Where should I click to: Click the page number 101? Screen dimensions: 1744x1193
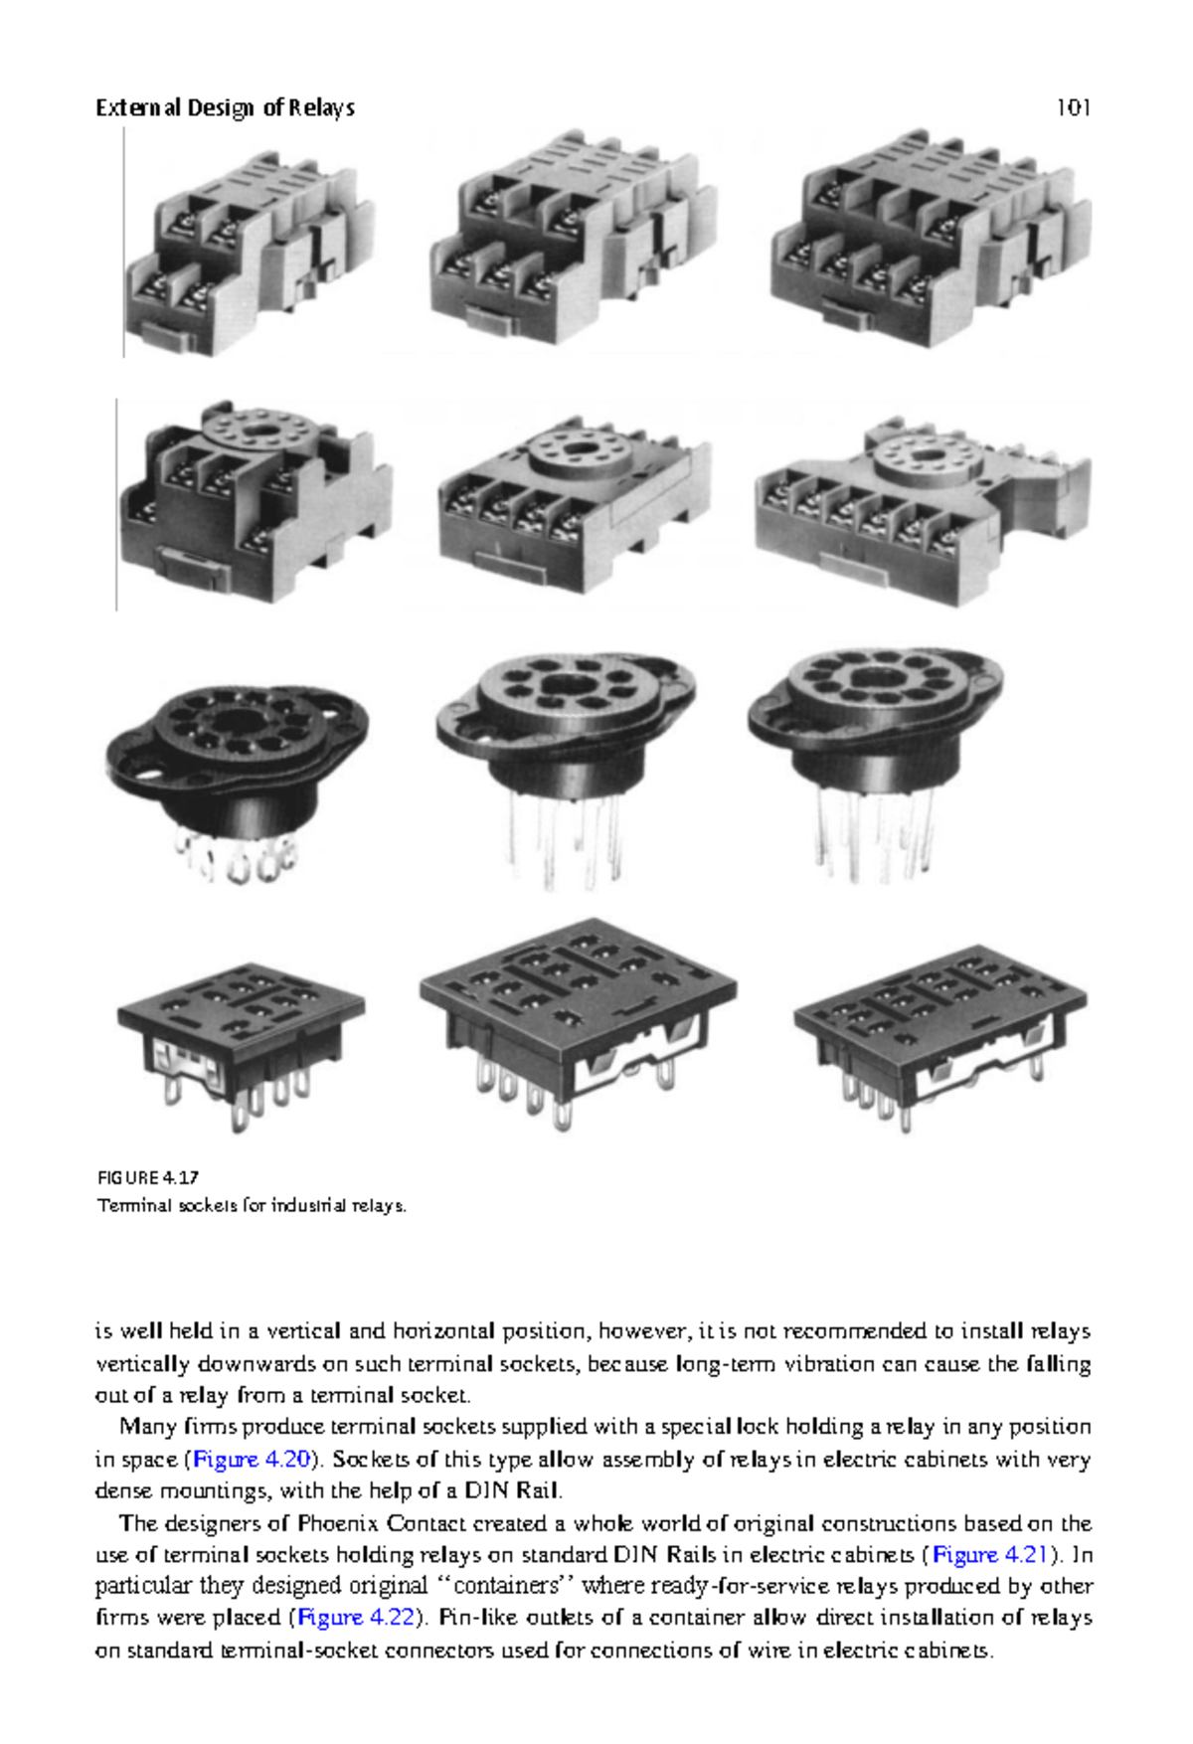tap(1073, 107)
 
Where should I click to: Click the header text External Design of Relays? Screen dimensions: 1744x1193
tap(225, 107)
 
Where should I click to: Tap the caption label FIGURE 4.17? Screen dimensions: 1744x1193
tap(147, 1177)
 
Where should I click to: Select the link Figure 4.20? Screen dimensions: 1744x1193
tap(252, 1460)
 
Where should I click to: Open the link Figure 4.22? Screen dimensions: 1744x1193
tap(356, 1618)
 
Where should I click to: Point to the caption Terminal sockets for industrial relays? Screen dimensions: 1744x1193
tap(252, 1205)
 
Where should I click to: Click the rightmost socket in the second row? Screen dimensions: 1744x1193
tap(922, 512)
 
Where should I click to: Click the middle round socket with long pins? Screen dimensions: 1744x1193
tap(565, 736)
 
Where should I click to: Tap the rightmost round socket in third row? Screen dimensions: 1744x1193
tap(875, 731)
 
